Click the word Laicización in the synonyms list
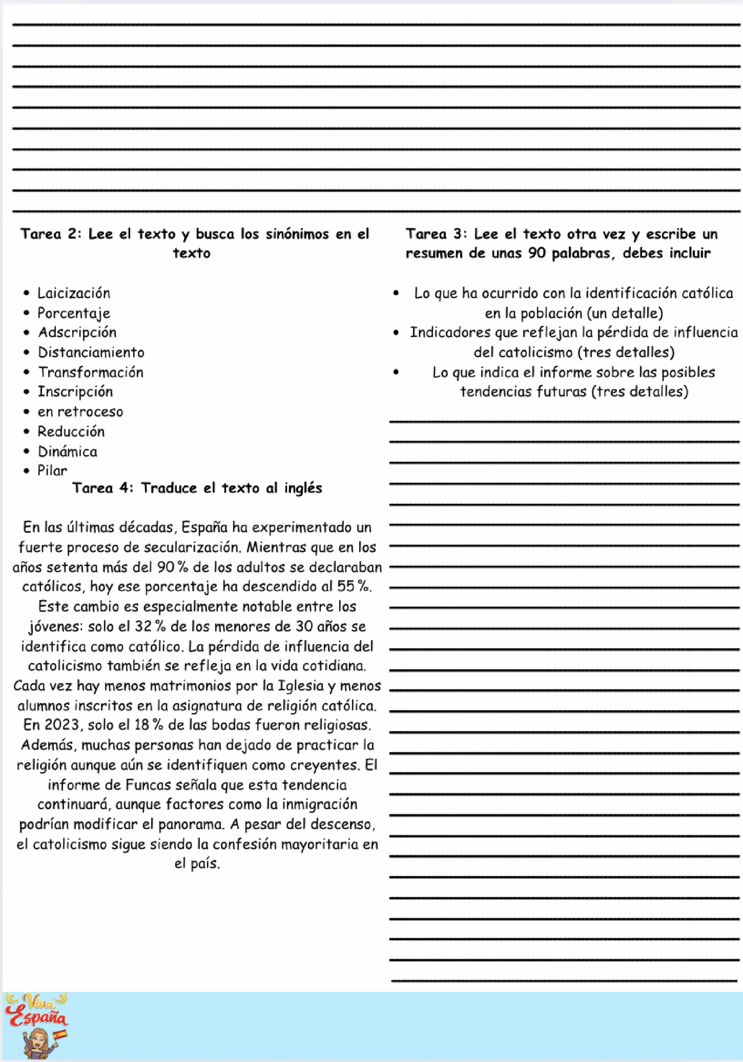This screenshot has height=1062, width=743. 74,293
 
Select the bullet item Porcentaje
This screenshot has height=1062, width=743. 74,313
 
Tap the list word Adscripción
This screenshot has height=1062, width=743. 77,333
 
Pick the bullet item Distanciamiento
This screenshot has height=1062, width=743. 91,352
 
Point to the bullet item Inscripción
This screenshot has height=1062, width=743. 75,392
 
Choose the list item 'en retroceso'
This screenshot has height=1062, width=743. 80,412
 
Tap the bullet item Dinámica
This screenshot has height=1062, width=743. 67,451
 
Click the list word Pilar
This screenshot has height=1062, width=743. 52,471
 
